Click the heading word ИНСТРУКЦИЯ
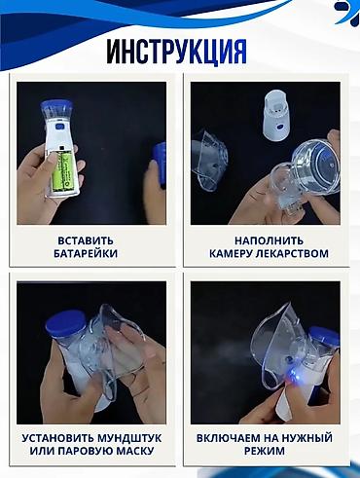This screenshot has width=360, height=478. [x=176, y=53]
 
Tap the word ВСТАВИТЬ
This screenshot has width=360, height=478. [x=86, y=240]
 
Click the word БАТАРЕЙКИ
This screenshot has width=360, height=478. [x=86, y=253]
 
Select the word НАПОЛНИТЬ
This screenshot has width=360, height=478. [x=270, y=240]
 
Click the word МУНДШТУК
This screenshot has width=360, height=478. [x=129, y=438]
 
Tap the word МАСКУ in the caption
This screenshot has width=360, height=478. [x=134, y=451]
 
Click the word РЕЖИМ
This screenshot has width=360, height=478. [x=265, y=451]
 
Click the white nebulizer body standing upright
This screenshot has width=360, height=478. [x=276, y=117]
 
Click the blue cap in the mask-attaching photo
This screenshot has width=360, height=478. [x=66, y=322]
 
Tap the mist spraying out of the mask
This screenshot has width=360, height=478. [x=224, y=357]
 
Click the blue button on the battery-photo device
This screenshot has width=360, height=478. [x=59, y=128]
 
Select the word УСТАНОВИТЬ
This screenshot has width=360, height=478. [x=57, y=438]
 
